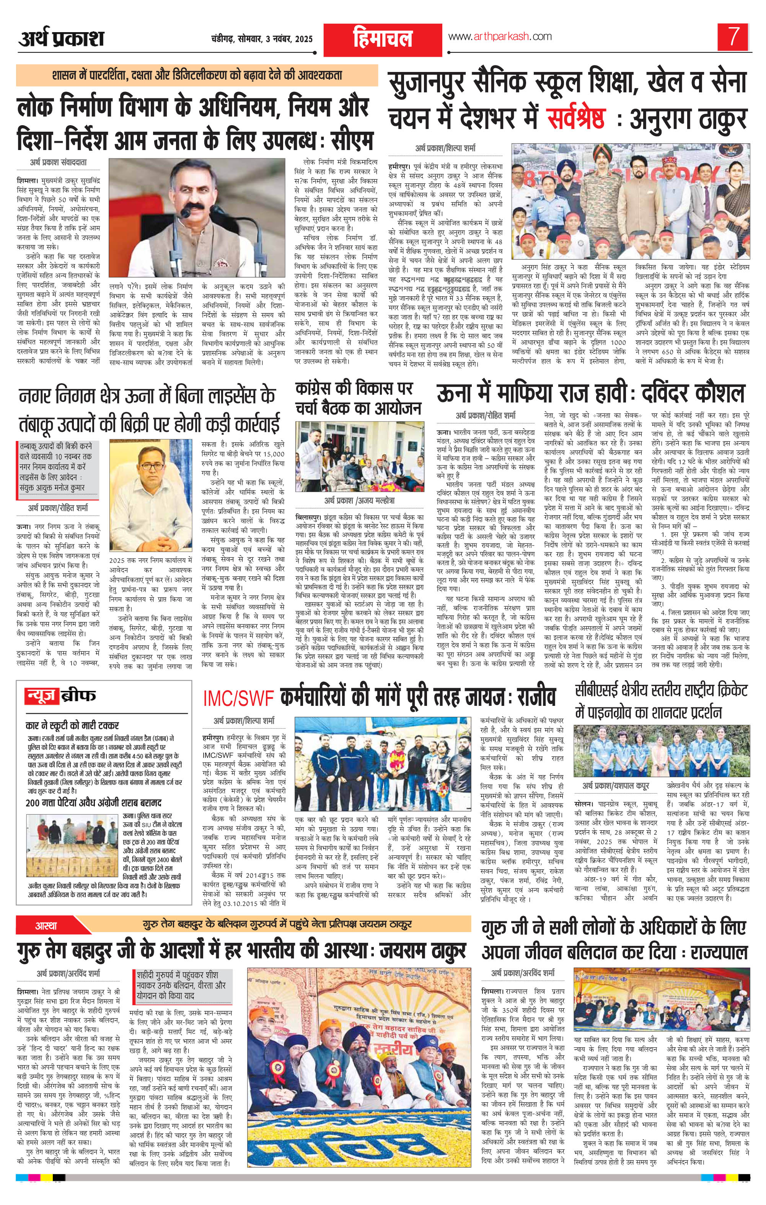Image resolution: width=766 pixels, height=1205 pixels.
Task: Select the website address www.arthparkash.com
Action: [499, 36]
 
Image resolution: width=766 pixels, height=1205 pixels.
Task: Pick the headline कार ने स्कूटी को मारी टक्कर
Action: [73, 725]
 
